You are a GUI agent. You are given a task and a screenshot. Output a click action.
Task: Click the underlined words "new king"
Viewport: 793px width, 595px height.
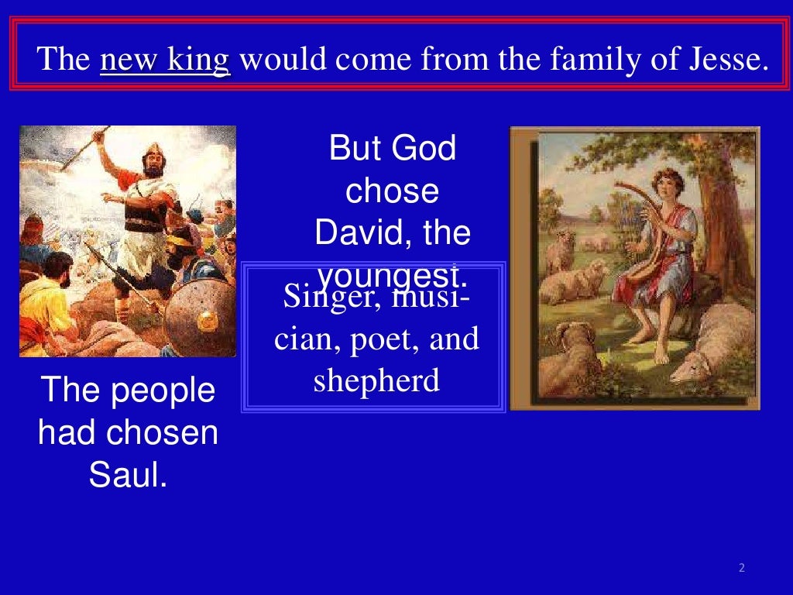point(165,60)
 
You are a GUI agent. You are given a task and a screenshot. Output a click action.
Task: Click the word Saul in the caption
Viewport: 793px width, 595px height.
point(128,475)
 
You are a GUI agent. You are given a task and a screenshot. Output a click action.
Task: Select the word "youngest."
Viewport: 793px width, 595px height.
point(393,276)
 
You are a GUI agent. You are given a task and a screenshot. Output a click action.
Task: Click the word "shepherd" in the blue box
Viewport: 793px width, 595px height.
point(376,380)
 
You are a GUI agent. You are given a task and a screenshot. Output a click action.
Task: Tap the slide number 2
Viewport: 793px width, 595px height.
point(741,568)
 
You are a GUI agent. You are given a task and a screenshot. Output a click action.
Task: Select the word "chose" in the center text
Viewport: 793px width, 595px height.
point(392,191)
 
